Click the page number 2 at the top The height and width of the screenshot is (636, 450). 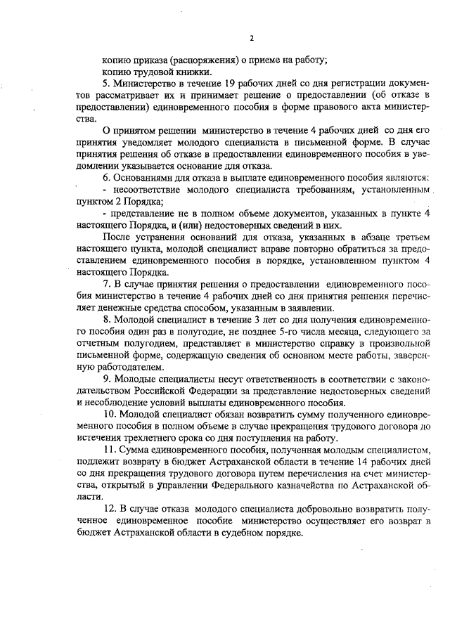coord(250,37)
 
